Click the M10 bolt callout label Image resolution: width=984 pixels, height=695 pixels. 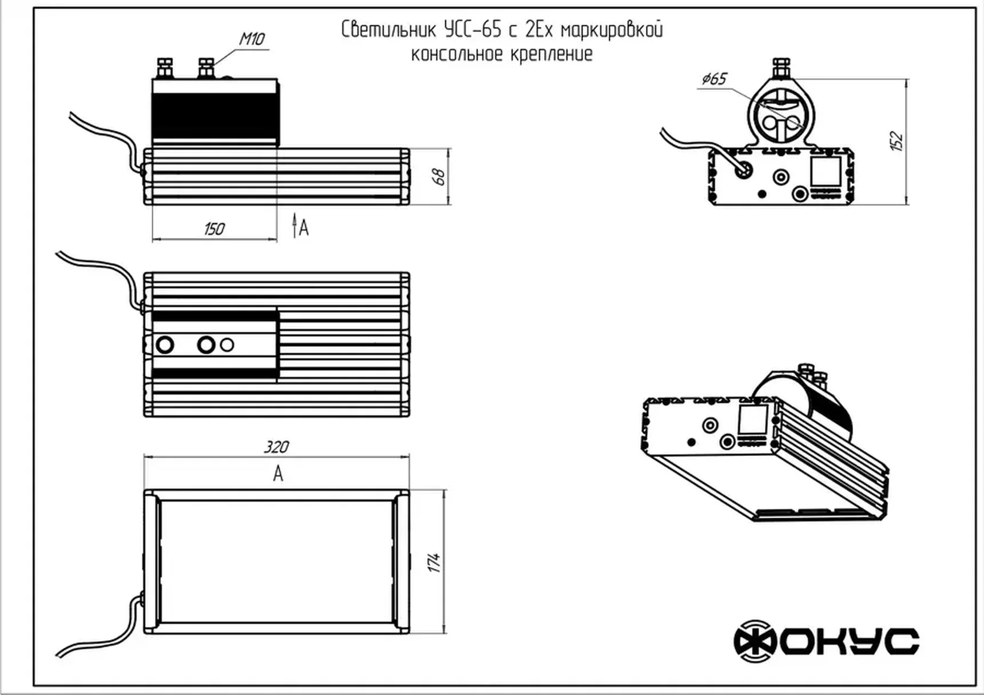(x=252, y=39)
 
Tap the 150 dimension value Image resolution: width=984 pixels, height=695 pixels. (x=214, y=229)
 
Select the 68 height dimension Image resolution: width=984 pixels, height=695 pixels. (x=439, y=176)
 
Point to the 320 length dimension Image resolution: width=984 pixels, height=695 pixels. (x=276, y=446)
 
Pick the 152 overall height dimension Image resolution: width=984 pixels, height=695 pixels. (x=896, y=141)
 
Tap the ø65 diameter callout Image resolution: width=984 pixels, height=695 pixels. (x=714, y=78)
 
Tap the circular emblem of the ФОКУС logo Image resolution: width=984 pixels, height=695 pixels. (x=755, y=641)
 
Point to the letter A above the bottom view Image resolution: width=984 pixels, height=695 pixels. (x=278, y=474)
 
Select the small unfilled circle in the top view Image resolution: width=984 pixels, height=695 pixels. (x=227, y=345)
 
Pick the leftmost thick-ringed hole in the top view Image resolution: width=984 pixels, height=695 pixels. (x=165, y=345)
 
